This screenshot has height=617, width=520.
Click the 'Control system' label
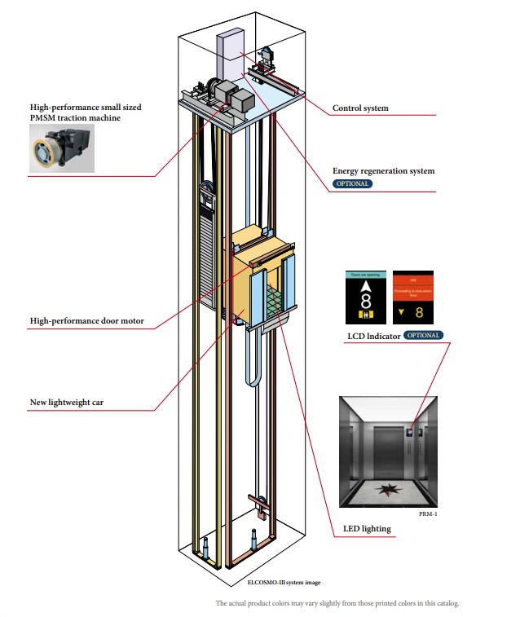tap(360, 108)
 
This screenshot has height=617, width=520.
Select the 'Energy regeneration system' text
tap(383, 171)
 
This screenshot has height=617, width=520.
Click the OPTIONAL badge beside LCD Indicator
tap(423, 335)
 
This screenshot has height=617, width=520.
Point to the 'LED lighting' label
tap(361, 529)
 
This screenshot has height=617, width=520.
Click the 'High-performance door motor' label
tap(86, 321)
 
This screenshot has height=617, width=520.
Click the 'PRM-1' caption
tap(428, 514)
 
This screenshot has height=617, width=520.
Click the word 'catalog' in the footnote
tap(445, 604)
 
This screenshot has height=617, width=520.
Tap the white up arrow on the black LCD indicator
tap(366, 286)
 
